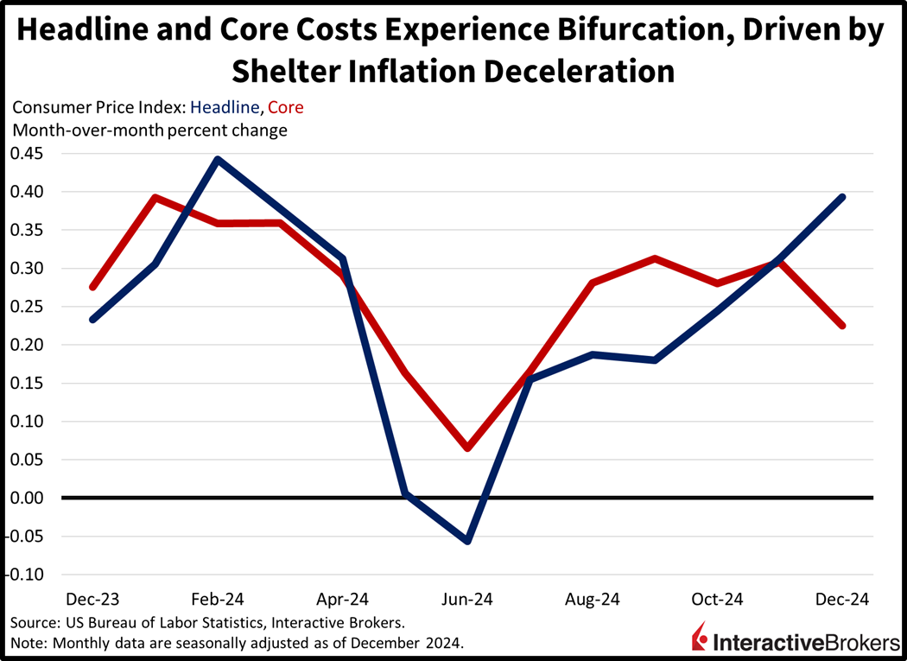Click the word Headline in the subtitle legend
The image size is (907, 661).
(225, 108)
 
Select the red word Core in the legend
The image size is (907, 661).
(286, 108)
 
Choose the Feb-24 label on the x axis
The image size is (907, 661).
(218, 599)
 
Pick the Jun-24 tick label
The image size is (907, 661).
(467, 599)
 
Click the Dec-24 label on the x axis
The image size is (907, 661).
(842, 599)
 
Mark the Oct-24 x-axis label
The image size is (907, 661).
(717, 599)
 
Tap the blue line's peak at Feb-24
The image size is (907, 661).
(218, 159)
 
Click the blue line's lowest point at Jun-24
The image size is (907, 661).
(467, 541)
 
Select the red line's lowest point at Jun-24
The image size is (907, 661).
(467, 448)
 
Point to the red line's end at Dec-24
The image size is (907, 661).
(842, 326)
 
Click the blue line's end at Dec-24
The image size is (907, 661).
(842, 197)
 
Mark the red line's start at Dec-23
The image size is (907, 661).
(92, 287)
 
